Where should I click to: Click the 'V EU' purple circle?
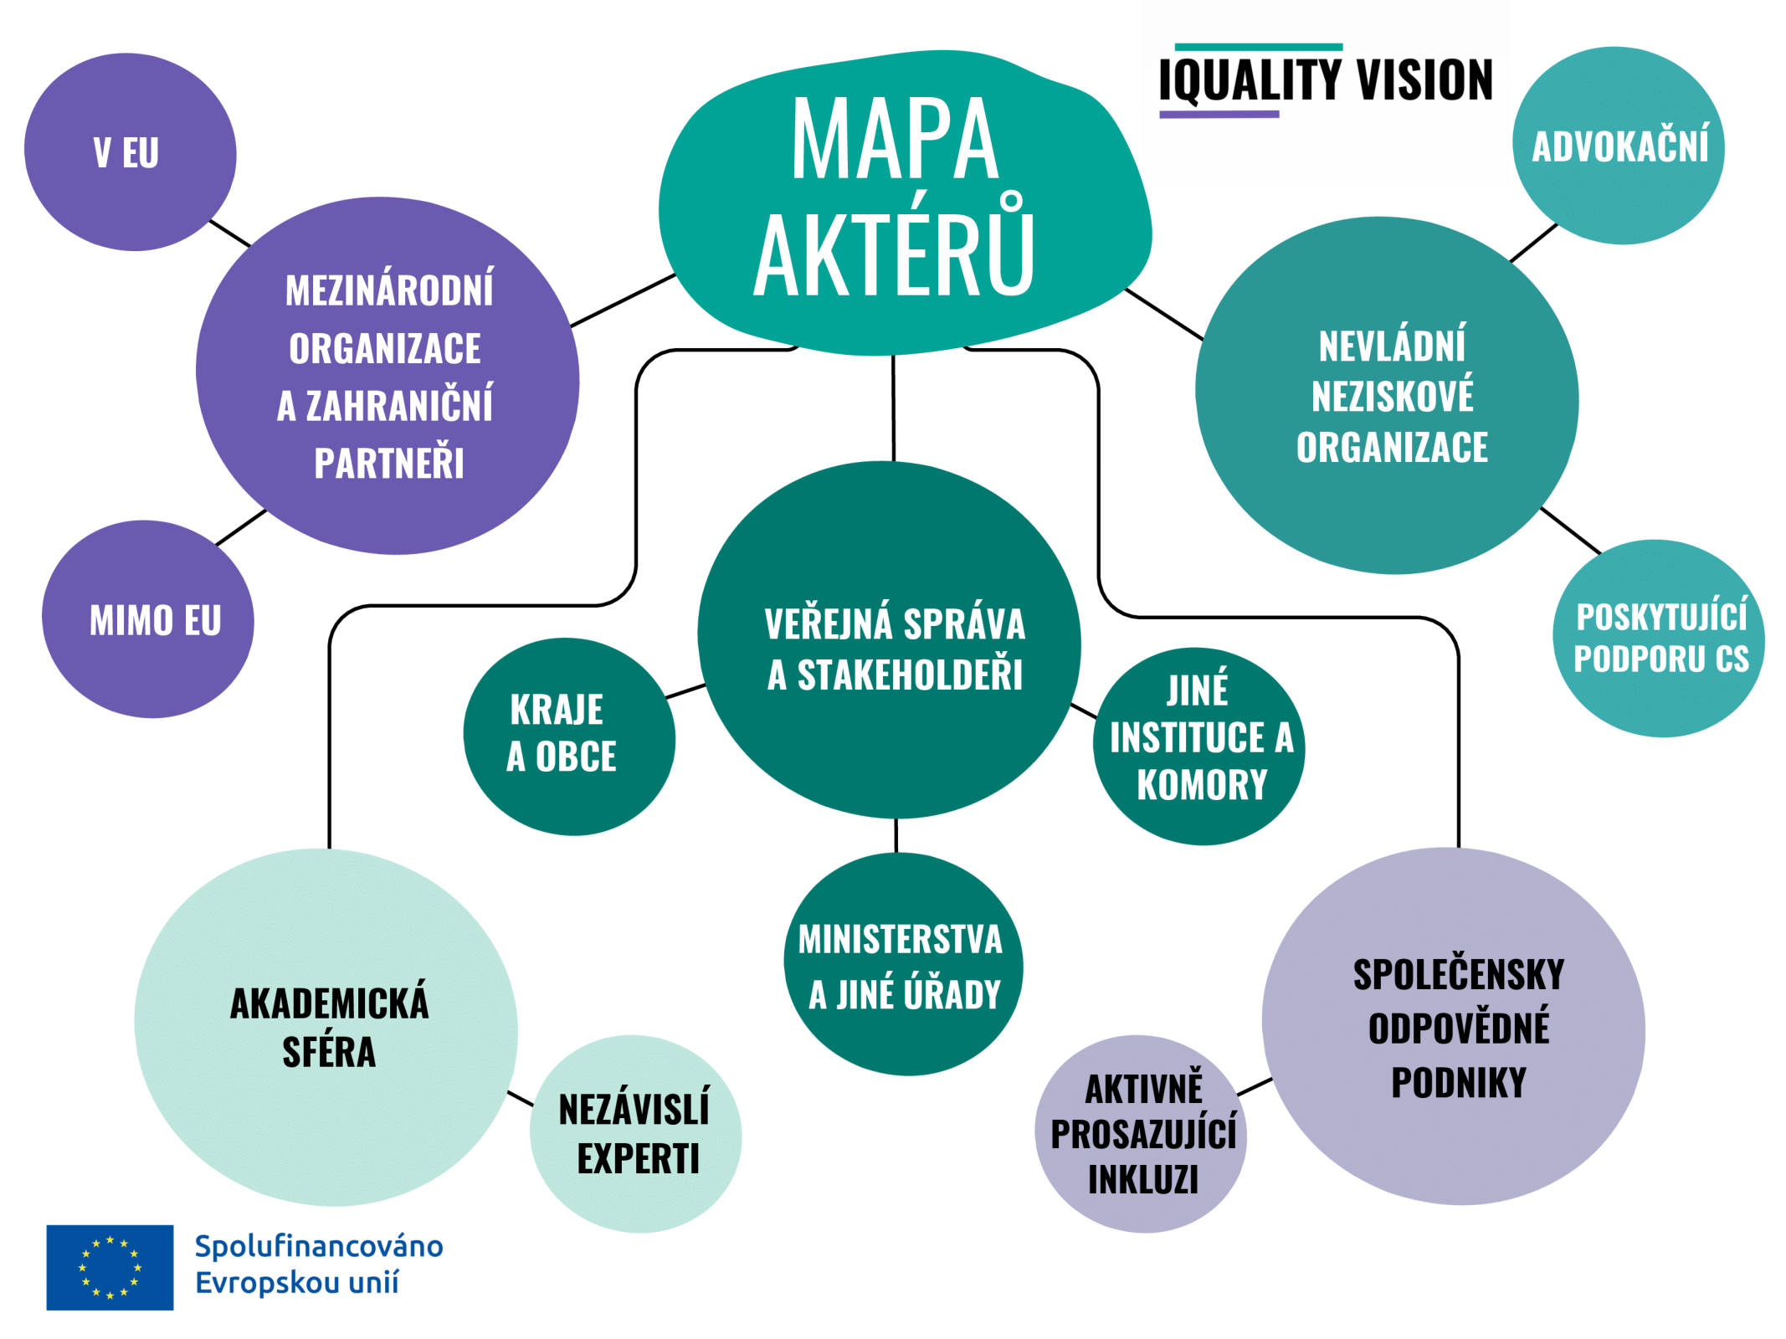point(130,151)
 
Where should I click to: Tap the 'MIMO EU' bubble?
point(148,619)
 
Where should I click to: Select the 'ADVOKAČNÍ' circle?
point(1618,146)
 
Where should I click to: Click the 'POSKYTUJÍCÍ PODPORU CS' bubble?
point(1659,639)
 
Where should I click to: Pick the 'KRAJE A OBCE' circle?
point(569,736)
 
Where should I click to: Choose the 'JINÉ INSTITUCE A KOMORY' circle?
point(1198,746)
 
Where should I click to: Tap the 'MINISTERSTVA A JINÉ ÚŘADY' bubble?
point(903,964)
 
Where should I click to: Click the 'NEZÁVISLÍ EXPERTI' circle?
point(635,1134)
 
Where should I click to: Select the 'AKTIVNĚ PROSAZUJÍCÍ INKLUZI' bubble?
point(1141,1134)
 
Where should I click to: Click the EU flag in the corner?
point(110,1267)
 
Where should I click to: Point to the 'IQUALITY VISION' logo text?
point(1326,80)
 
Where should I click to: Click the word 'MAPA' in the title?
point(895,139)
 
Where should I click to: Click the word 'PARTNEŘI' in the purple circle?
point(389,463)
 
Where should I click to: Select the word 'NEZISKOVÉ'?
point(1393,397)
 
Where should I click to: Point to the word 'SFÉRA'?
point(329,1052)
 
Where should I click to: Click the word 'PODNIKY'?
point(1459,1082)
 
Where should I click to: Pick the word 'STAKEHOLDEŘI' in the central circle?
point(910,675)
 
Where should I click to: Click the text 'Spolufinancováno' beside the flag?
point(319,1246)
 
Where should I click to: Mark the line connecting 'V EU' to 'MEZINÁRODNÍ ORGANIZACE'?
point(230,233)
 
